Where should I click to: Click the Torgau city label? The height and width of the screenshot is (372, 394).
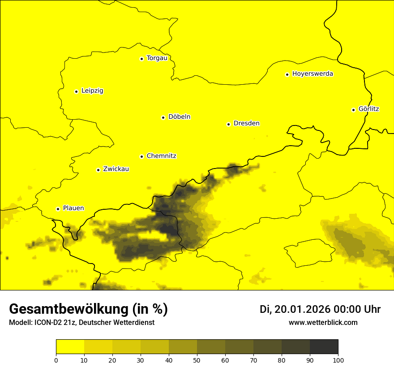pyautogui.click(x=157, y=58)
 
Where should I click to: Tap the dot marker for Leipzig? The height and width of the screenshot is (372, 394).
pyautogui.click(x=76, y=91)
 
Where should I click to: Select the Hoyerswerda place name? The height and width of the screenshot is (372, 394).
pyautogui.click(x=313, y=74)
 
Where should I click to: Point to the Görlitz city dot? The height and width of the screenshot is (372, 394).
pyautogui.click(x=353, y=110)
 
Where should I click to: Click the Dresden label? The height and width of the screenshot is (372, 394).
pyautogui.click(x=246, y=124)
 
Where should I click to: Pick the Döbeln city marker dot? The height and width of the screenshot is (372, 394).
pyautogui.click(x=163, y=117)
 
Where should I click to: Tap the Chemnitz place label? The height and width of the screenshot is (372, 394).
pyautogui.click(x=161, y=156)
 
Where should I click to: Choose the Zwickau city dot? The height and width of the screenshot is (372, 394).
pyautogui.click(x=98, y=170)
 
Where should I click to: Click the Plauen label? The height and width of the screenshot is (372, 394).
pyautogui.click(x=73, y=208)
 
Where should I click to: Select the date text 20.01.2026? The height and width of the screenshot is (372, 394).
pyautogui.click(x=302, y=309)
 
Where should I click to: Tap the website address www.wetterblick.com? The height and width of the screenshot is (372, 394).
pyautogui.click(x=323, y=323)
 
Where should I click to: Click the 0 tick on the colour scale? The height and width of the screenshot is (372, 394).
pyautogui.click(x=56, y=360)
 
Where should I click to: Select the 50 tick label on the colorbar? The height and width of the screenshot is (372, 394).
pyautogui.click(x=197, y=360)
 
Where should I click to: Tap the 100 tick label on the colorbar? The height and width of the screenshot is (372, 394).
pyautogui.click(x=338, y=360)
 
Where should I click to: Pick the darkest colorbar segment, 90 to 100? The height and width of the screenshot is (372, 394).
pyautogui.click(x=324, y=346)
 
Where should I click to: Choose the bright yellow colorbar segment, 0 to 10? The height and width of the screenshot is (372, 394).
pyautogui.click(x=70, y=346)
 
